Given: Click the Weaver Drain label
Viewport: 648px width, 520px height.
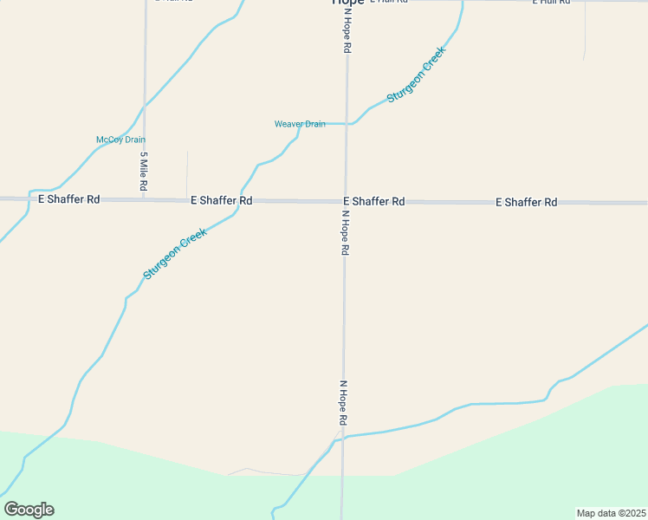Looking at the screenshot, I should pyautogui.click(x=300, y=124).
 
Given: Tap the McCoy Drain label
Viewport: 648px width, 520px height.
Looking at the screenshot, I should pyautogui.click(x=120, y=140).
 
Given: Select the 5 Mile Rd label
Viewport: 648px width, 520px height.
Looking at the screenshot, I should pyautogui.click(x=144, y=172).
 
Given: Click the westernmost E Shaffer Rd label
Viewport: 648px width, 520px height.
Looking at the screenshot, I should pyautogui.click(x=69, y=198).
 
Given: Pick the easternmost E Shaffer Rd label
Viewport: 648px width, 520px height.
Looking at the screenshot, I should pyautogui.click(x=526, y=202).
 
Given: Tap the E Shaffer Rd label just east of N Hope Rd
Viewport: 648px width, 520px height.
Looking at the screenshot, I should pyautogui.click(x=374, y=201).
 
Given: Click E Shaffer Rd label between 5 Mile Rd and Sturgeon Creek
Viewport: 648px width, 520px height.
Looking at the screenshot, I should pyautogui.click(x=221, y=200).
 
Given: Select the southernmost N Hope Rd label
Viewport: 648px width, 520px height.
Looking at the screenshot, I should pyautogui.click(x=344, y=402).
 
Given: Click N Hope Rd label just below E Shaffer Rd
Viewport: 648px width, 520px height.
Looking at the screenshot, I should pyautogui.click(x=345, y=232).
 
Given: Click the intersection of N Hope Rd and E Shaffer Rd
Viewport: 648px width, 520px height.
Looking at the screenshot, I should pyautogui.click(x=346, y=201).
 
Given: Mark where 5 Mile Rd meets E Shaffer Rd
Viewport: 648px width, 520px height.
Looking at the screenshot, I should pyautogui.click(x=144, y=199).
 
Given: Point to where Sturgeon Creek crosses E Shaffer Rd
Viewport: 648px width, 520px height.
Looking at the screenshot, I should pyautogui.click(x=241, y=200).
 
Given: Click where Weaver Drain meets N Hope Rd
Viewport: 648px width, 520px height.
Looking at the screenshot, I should pyautogui.click(x=347, y=124).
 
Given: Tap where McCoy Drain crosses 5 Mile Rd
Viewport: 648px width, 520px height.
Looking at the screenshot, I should pyautogui.click(x=145, y=107).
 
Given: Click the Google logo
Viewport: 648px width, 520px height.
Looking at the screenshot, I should pyautogui.click(x=29, y=510).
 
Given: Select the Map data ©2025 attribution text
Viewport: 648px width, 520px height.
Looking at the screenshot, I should pyautogui.click(x=612, y=513).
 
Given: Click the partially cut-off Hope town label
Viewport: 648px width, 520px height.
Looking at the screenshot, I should pyautogui.click(x=348, y=3).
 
